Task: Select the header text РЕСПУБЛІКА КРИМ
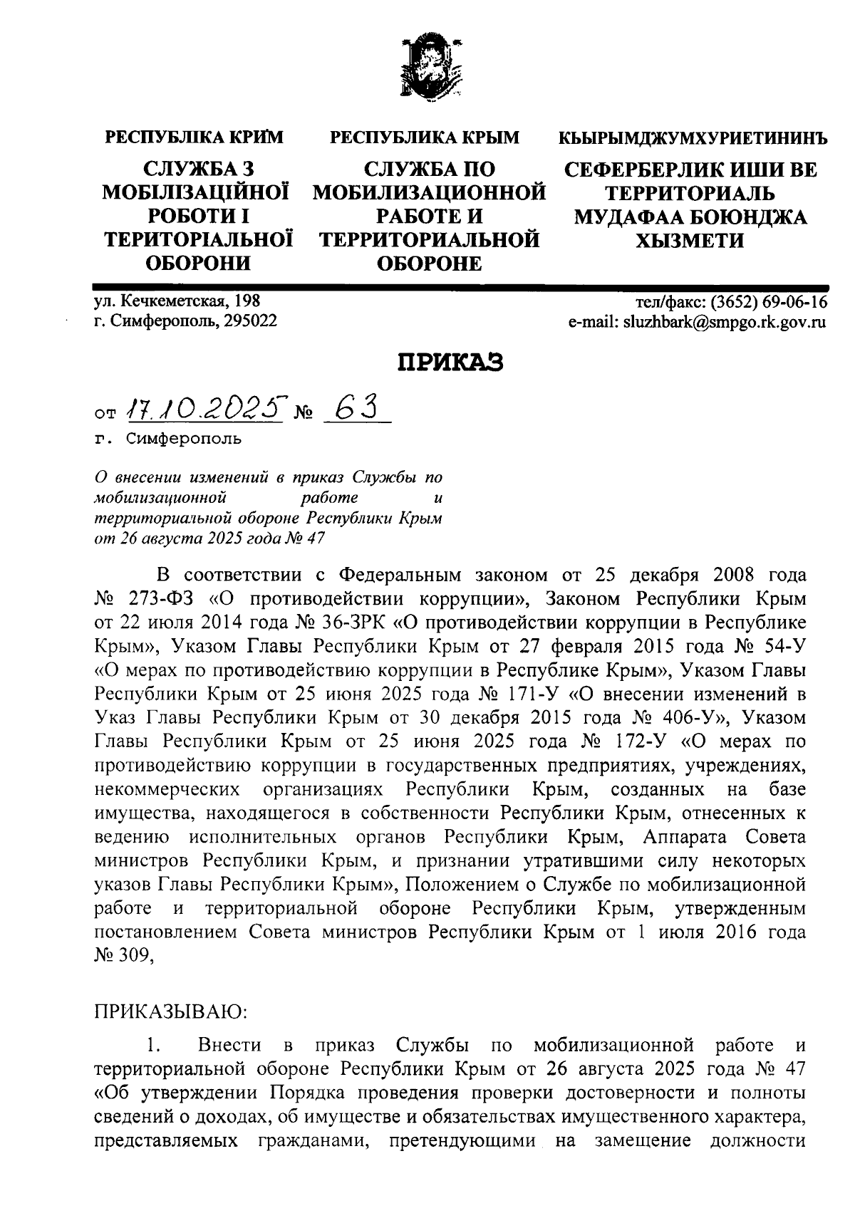point(195,137)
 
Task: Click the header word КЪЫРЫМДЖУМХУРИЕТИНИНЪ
point(693,137)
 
